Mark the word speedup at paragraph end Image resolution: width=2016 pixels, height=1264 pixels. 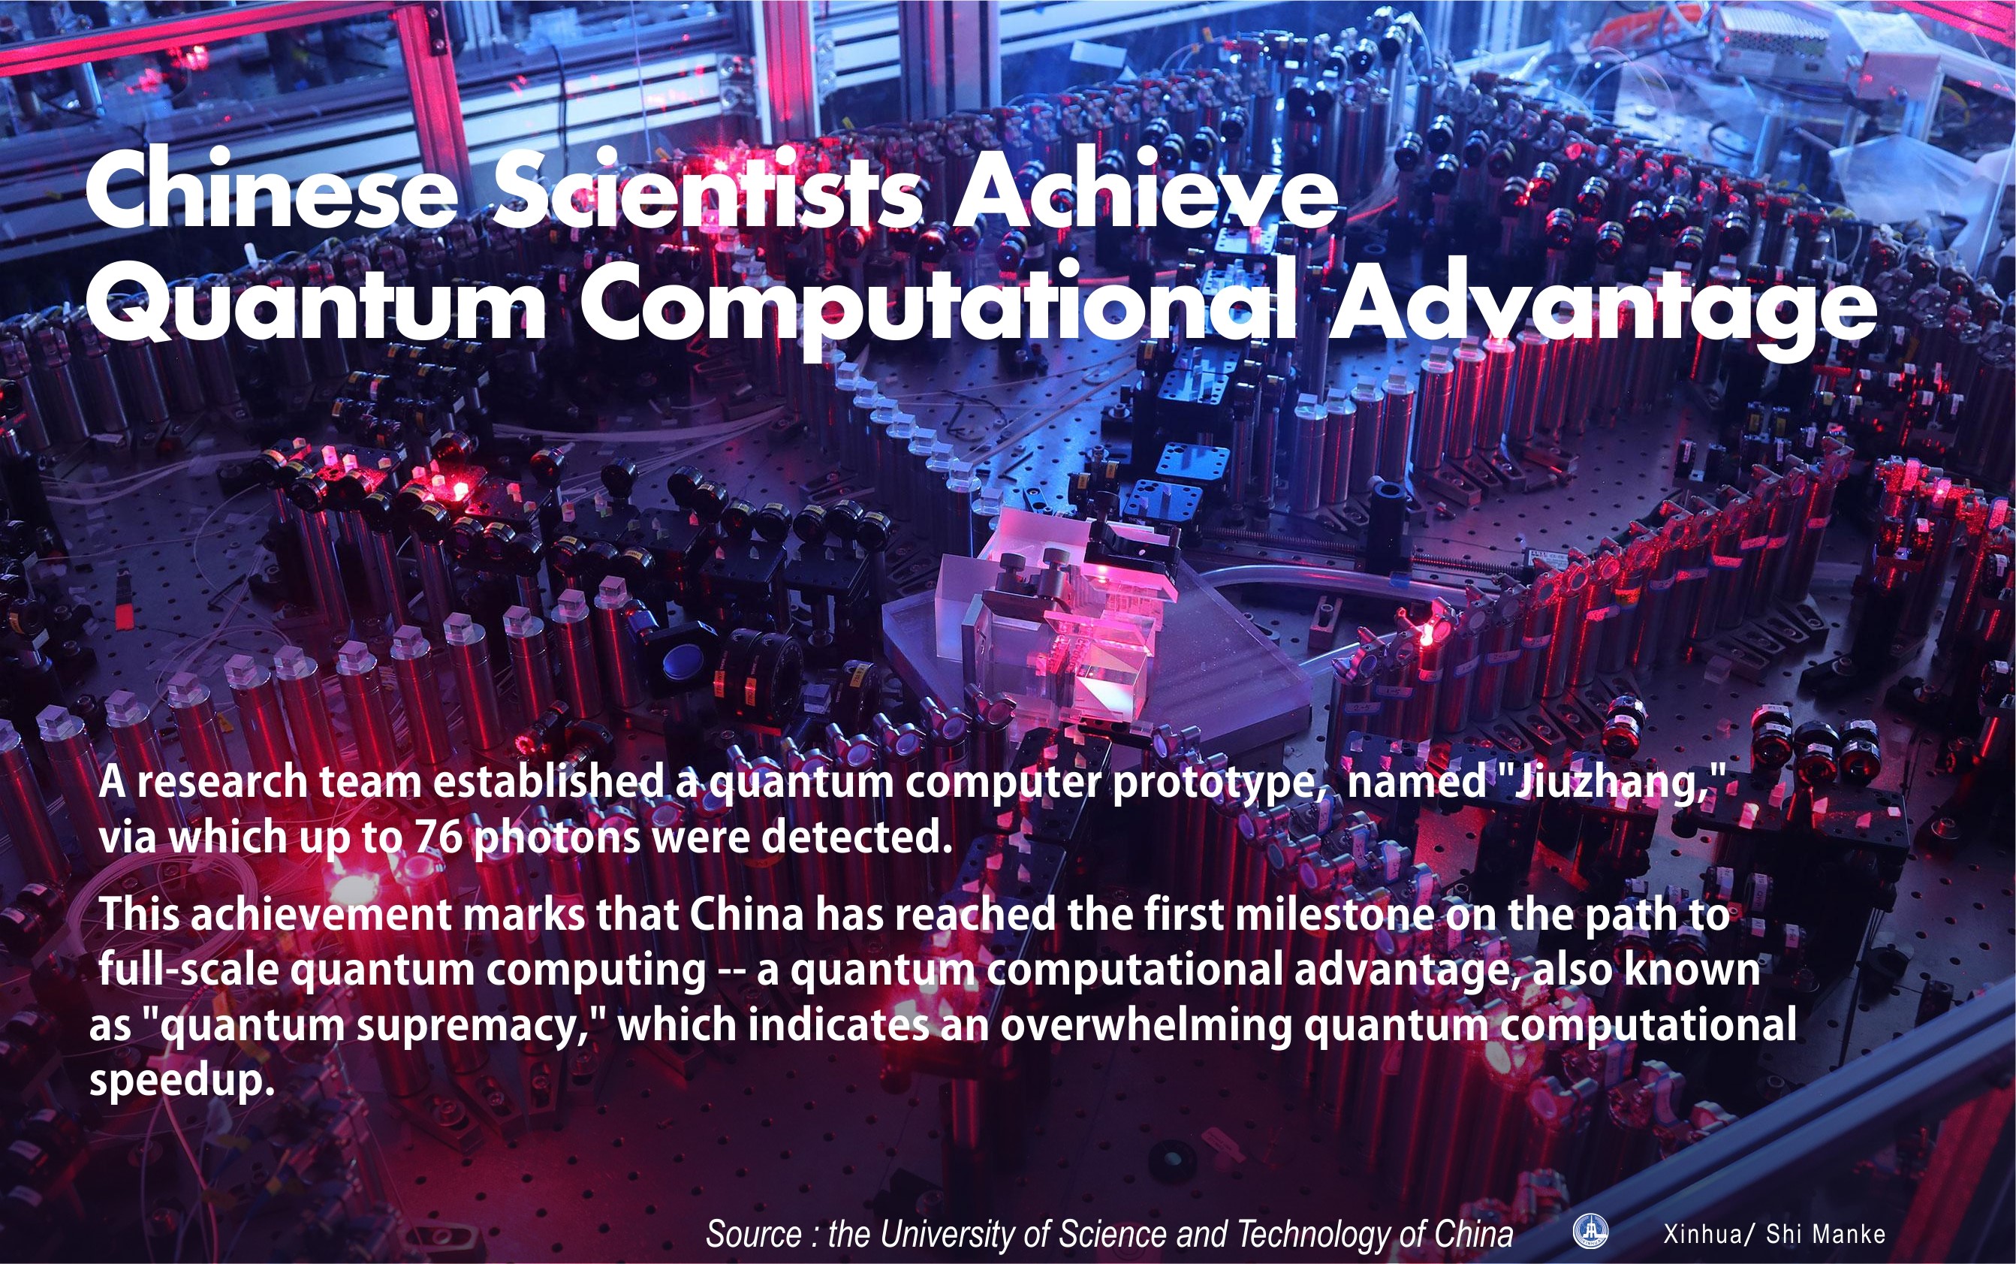coord(182,1080)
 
